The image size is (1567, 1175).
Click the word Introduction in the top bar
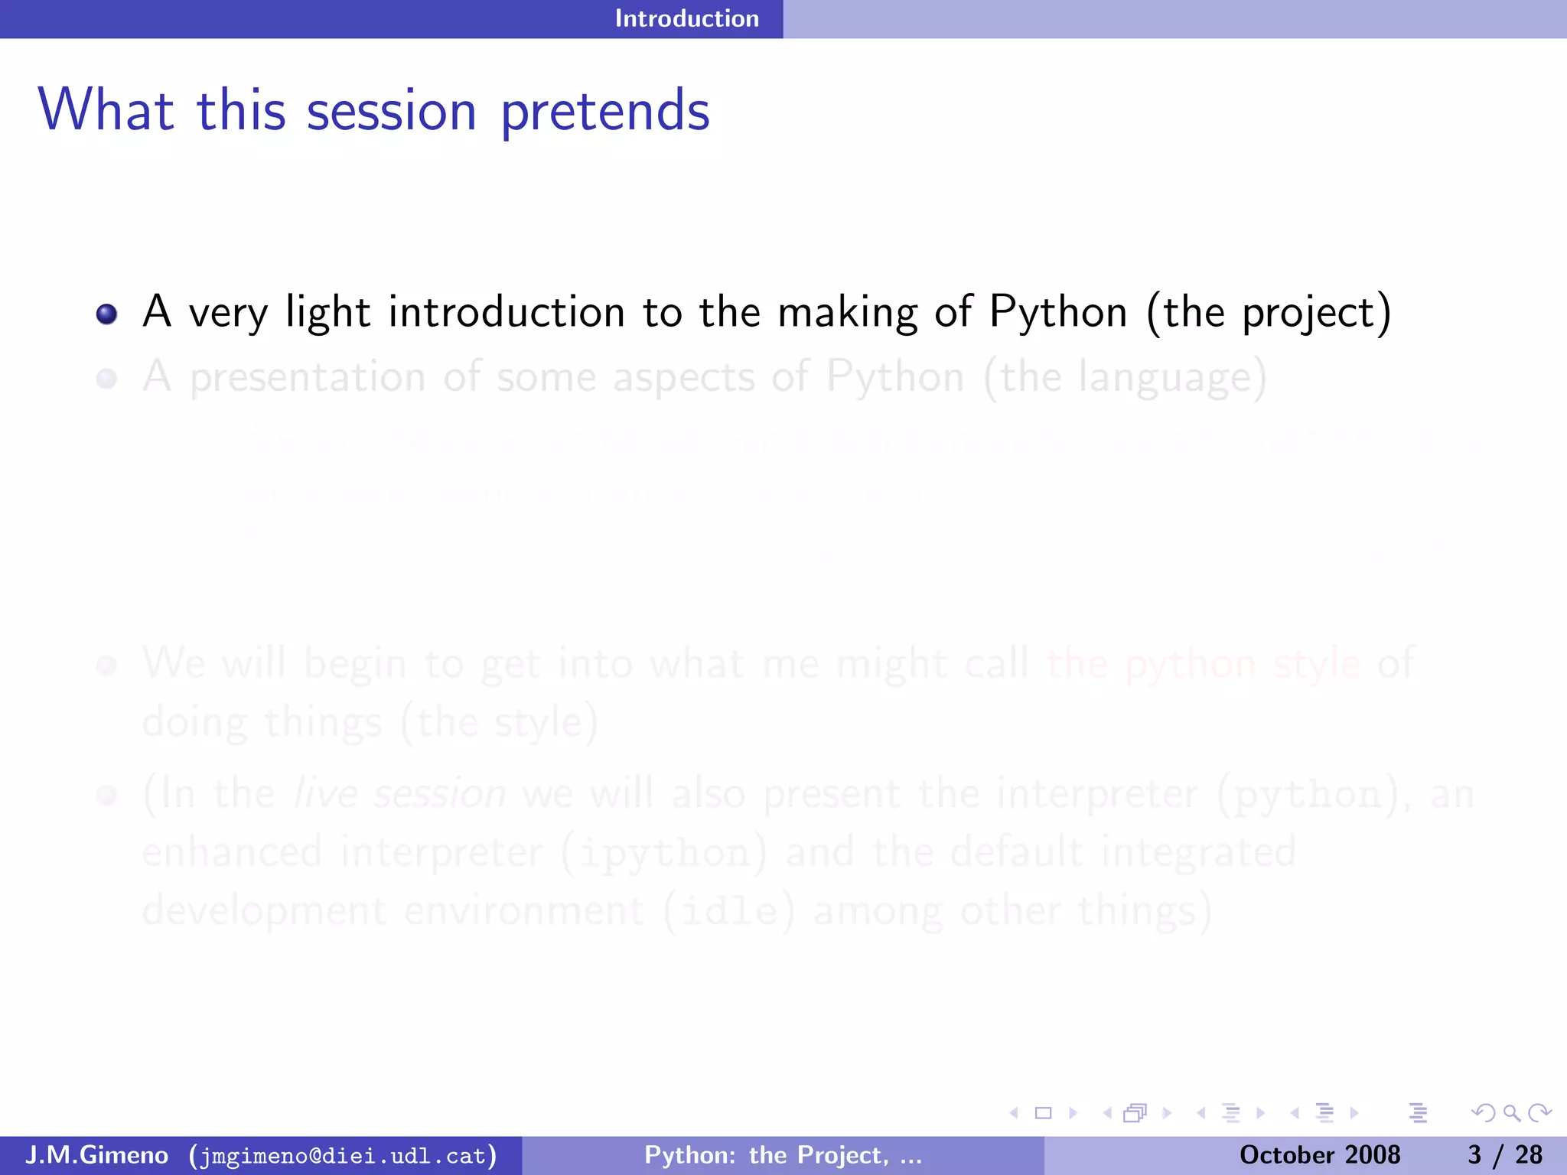pyautogui.click(x=686, y=18)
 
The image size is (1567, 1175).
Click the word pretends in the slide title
pyautogui.click(x=605, y=112)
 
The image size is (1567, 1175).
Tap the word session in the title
pyautogui.click(x=391, y=112)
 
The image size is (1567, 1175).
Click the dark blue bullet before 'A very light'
pyautogui.click(x=106, y=314)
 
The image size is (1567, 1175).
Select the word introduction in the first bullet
pyautogui.click(x=507, y=312)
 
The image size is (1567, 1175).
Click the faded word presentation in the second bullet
pyautogui.click(x=307, y=378)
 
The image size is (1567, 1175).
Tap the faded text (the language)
pyautogui.click(x=1125, y=378)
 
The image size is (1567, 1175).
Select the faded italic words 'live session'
pyautogui.click(x=400, y=793)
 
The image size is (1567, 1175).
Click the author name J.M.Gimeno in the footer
pyautogui.click(x=97, y=1154)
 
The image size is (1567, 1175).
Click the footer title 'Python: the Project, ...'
pyautogui.click(x=783, y=1155)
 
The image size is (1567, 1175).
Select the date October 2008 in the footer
pyautogui.click(x=1319, y=1155)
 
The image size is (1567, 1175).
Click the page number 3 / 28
pyautogui.click(x=1504, y=1155)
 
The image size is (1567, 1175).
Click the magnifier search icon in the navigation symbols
pyautogui.click(x=1510, y=1113)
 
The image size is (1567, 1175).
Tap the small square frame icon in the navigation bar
pyautogui.click(x=1043, y=1113)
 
